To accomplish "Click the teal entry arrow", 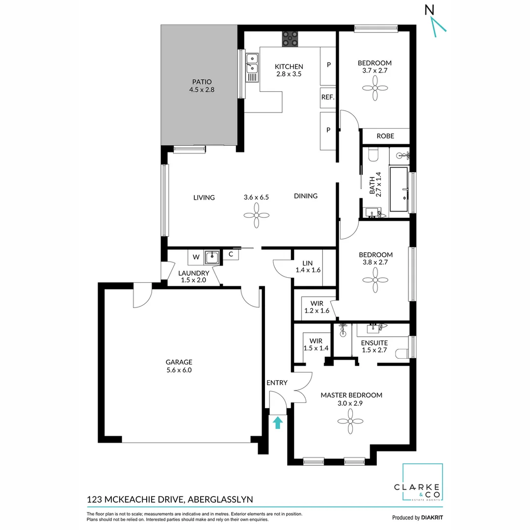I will click(x=278, y=422).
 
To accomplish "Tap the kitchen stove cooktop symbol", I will click(x=290, y=39).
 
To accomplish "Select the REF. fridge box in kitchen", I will click(x=328, y=98).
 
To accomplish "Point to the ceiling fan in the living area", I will click(x=256, y=215).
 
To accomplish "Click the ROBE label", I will click(x=385, y=136).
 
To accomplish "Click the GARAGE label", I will click(x=179, y=362).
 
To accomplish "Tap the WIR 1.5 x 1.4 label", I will click(x=316, y=344).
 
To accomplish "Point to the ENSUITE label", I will click(x=374, y=343).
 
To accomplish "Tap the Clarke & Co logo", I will click(x=422, y=483).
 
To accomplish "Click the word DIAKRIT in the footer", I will click(x=432, y=517).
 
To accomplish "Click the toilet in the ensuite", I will click(x=403, y=352).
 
